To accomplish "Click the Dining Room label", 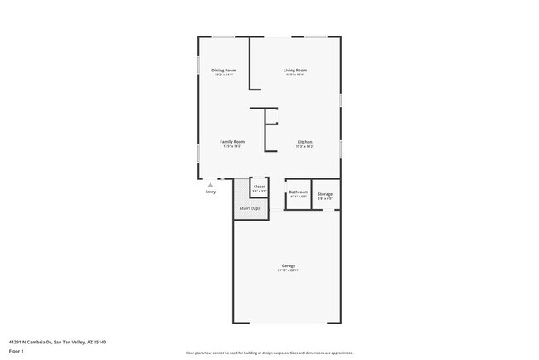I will (223, 70).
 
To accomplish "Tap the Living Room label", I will (295, 70).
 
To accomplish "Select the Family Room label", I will (231, 142).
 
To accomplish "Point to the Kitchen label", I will (305, 142).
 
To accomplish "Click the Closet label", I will (259, 187).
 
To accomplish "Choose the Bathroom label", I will (299, 192).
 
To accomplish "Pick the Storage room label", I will (325, 194).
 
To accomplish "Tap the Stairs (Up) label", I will (250, 208).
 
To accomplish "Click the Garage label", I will (287, 266).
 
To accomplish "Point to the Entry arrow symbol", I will (211, 185).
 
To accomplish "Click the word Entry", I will (211, 192).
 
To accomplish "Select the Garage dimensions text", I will (287, 271).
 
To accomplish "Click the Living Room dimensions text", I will (295, 75).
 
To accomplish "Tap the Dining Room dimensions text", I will (223, 75).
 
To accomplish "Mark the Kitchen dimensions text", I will (305, 147).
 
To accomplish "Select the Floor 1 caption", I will (17, 350).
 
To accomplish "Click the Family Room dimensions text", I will (231, 147).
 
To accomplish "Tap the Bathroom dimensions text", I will (299, 197).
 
